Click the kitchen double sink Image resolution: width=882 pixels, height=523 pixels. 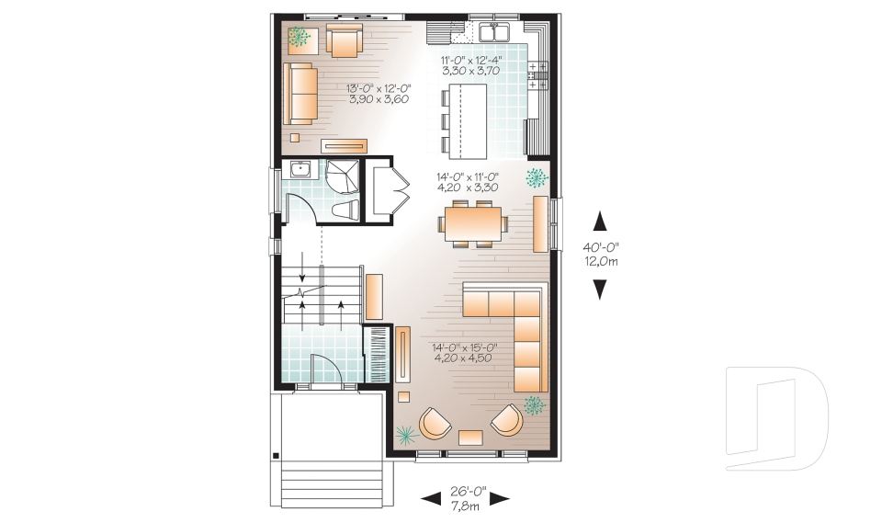[494, 32]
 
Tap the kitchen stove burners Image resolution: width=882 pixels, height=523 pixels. [537, 75]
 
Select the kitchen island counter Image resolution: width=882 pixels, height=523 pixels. [468, 121]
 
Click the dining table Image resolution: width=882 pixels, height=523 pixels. [472, 223]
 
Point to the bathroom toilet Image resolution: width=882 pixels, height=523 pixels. [345, 210]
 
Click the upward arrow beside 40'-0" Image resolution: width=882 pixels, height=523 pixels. [600, 221]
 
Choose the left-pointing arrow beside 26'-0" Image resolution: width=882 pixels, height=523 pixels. [432, 498]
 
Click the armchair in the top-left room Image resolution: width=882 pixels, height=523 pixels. [345, 41]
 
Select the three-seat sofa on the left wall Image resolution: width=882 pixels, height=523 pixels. [300, 94]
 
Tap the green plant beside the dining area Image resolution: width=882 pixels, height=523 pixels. [536, 178]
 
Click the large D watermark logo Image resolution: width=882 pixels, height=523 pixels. [776, 418]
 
